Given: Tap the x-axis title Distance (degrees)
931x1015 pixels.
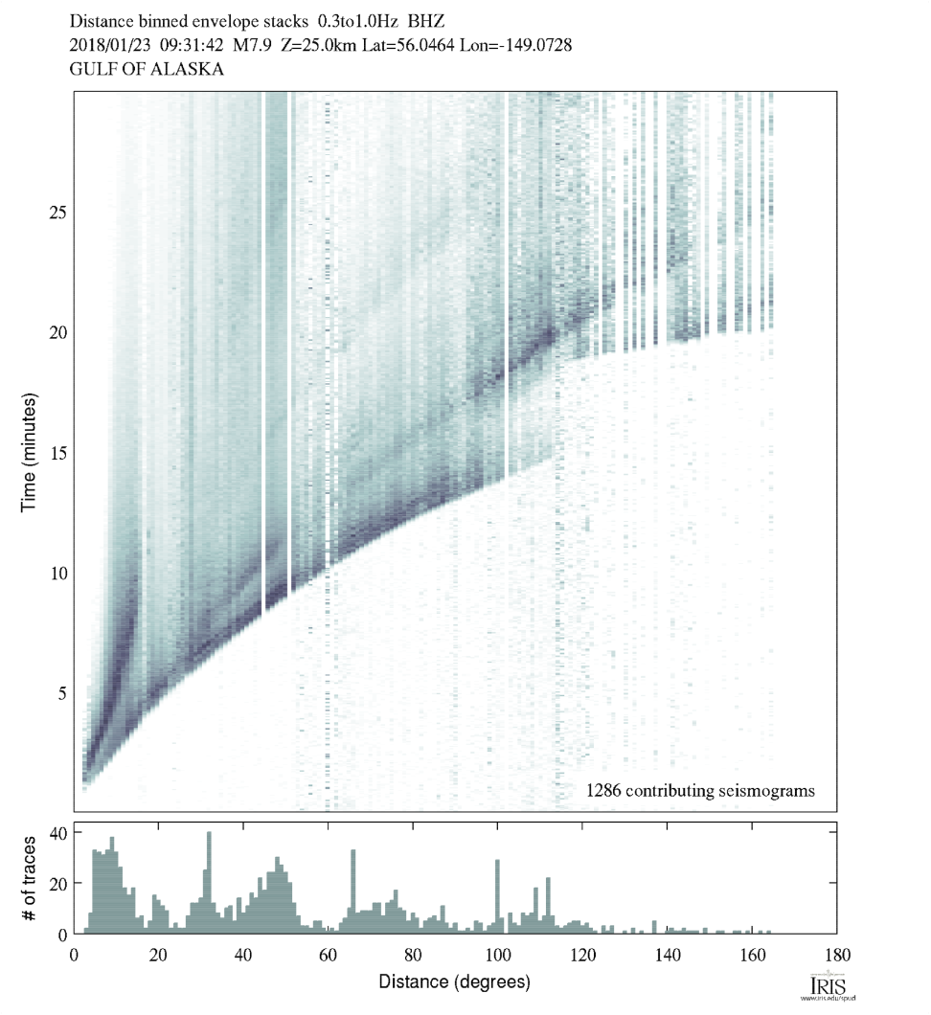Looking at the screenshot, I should (x=454, y=981).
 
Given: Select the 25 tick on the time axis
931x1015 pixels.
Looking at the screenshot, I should (x=57, y=212).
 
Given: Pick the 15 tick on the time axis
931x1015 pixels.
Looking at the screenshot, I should (x=57, y=452).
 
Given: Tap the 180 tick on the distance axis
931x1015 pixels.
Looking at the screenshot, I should (x=837, y=954).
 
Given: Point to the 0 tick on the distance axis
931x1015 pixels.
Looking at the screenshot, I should (x=75, y=954).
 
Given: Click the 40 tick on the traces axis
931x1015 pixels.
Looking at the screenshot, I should (x=57, y=832).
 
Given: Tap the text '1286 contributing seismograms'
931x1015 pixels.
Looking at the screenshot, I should (x=700, y=791).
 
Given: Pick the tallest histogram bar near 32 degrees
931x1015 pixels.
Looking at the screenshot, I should (x=209, y=881).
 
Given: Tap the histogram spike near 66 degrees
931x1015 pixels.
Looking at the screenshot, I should (x=353, y=891).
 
